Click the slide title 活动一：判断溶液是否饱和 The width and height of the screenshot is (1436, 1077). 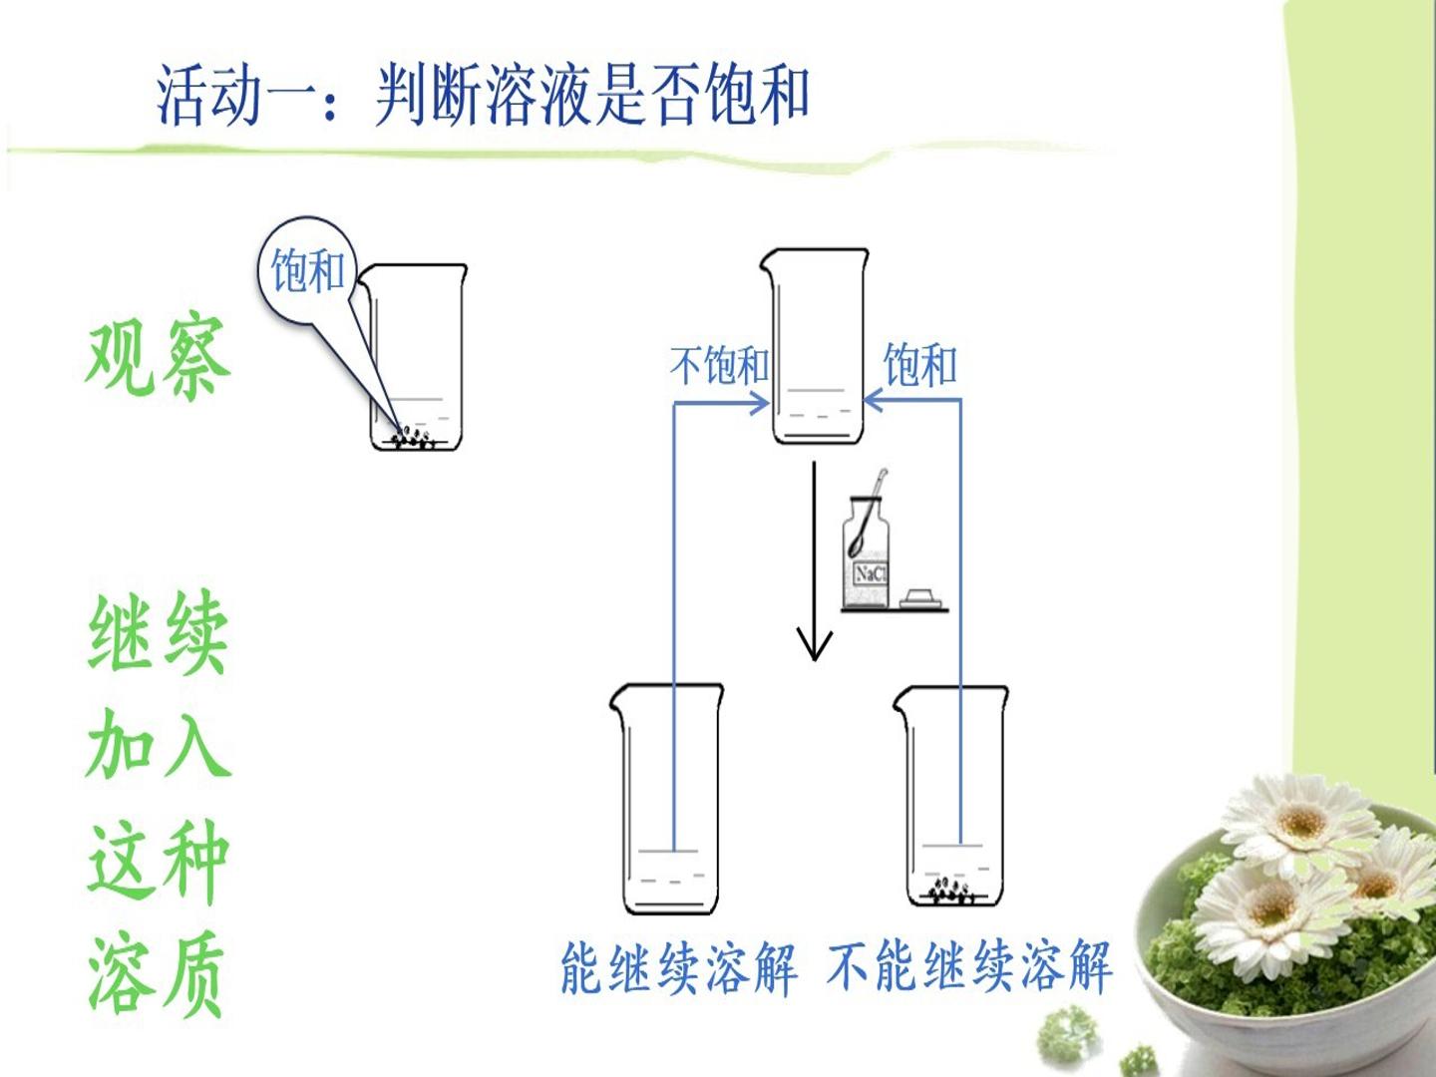click(x=483, y=96)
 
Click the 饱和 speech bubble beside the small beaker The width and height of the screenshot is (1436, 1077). click(x=306, y=270)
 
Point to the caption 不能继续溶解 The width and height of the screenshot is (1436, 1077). click(x=969, y=968)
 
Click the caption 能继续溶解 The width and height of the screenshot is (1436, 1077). click(x=679, y=968)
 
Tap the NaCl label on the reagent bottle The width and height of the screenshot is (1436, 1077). click(x=871, y=573)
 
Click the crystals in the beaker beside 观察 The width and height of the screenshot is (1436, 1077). click(x=414, y=438)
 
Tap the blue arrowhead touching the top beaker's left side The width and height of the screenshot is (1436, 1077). click(x=760, y=403)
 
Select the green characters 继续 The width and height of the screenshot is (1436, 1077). click(x=159, y=631)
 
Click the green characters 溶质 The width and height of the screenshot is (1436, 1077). click(x=157, y=972)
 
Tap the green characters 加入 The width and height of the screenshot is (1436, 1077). click(x=159, y=745)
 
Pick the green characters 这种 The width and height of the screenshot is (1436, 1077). click(x=159, y=860)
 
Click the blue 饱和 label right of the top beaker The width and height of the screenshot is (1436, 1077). click(x=920, y=364)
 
